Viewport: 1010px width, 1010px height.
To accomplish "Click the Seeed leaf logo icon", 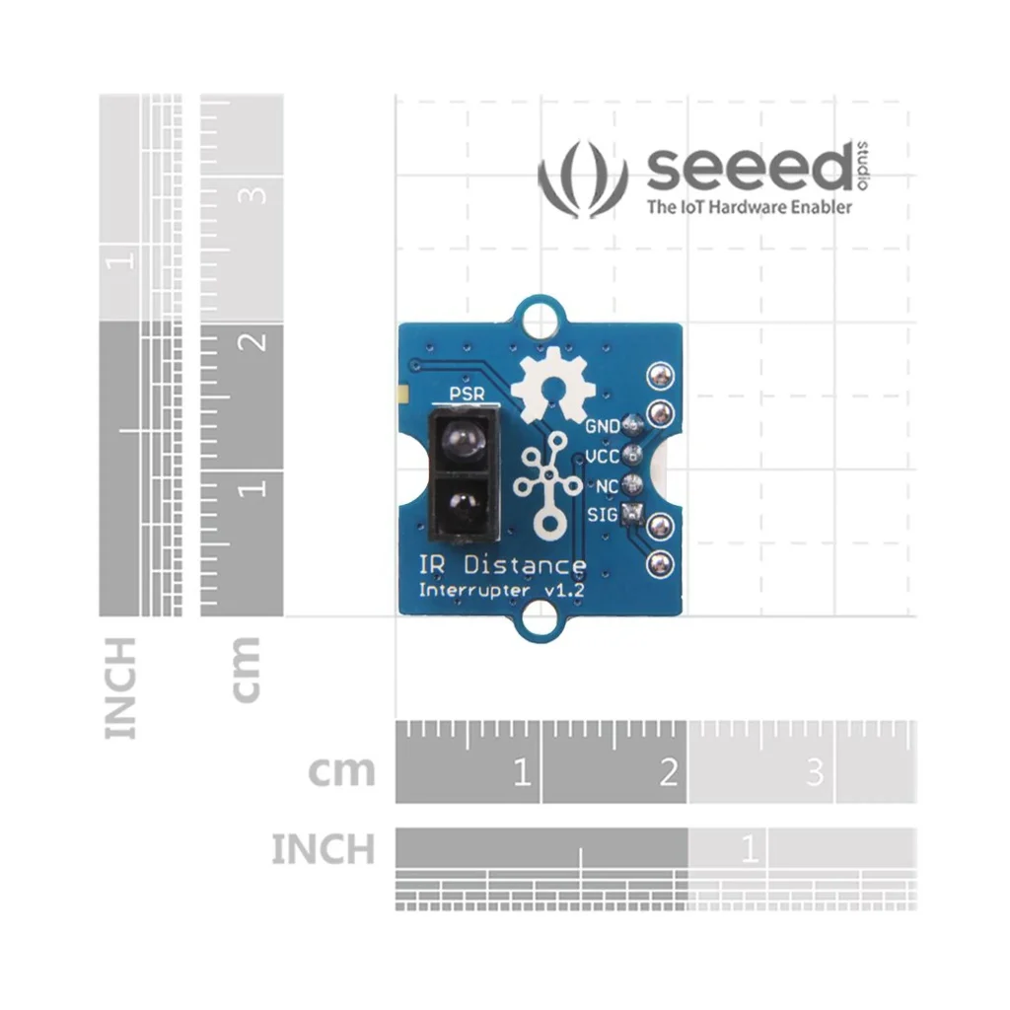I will [583, 180].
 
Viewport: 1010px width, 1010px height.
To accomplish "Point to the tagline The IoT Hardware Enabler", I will [749, 207].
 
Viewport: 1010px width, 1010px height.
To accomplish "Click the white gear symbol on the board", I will [552, 384].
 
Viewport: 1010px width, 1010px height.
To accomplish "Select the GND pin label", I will [603, 427].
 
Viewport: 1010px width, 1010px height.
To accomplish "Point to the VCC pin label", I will [603, 457].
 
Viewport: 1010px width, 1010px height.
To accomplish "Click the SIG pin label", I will [603, 514].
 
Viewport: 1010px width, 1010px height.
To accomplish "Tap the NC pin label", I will [608, 485].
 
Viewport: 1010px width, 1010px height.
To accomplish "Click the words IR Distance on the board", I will [501, 565].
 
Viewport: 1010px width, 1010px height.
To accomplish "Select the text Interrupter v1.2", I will [501, 591].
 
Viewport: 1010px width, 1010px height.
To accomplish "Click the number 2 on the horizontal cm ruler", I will [669, 771].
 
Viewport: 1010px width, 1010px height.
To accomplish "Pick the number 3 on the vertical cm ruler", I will [255, 193].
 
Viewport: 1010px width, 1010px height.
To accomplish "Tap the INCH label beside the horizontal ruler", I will [323, 849].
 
